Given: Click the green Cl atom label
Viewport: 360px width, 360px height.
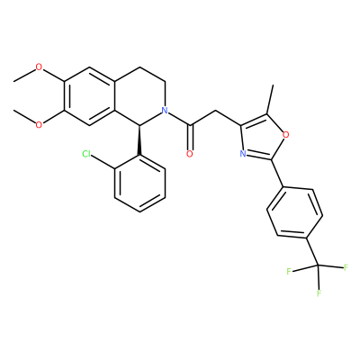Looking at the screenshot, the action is click(x=86, y=154).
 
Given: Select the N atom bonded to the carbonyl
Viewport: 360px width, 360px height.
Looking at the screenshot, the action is click(x=164, y=110).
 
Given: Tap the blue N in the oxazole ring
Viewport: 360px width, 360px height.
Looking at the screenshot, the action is click(x=243, y=154).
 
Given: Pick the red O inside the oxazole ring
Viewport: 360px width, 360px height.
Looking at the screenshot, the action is click(x=286, y=135).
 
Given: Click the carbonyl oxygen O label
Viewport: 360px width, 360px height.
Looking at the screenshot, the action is click(x=189, y=154).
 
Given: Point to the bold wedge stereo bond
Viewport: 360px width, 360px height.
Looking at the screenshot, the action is click(x=139, y=139).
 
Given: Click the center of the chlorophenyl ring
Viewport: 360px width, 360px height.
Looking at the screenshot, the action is click(x=139, y=184).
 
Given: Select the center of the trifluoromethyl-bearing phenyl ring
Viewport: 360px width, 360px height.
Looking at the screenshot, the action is click(x=295, y=212).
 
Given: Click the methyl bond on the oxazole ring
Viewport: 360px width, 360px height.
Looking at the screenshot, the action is click(x=270, y=99).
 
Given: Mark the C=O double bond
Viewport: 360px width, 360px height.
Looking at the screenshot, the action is click(x=190, y=137).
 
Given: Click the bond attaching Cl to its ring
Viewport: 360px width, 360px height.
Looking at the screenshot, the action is click(x=103, y=162).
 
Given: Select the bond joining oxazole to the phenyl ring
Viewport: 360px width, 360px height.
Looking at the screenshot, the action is click(x=277, y=174).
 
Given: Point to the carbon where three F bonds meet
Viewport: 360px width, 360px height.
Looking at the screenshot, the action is click(x=319, y=265).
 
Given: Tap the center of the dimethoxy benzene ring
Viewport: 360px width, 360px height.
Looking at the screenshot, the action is click(x=89, y=95).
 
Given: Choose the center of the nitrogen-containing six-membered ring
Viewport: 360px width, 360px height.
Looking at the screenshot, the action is click(x=140, y=95).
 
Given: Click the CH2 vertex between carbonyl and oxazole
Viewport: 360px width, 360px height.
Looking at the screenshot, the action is click(x=216, y=111).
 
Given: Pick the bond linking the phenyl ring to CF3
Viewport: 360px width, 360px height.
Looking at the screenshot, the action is click(x=312, y=252).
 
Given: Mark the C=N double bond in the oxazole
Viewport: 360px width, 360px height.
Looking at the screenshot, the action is click(x=258, y=157).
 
